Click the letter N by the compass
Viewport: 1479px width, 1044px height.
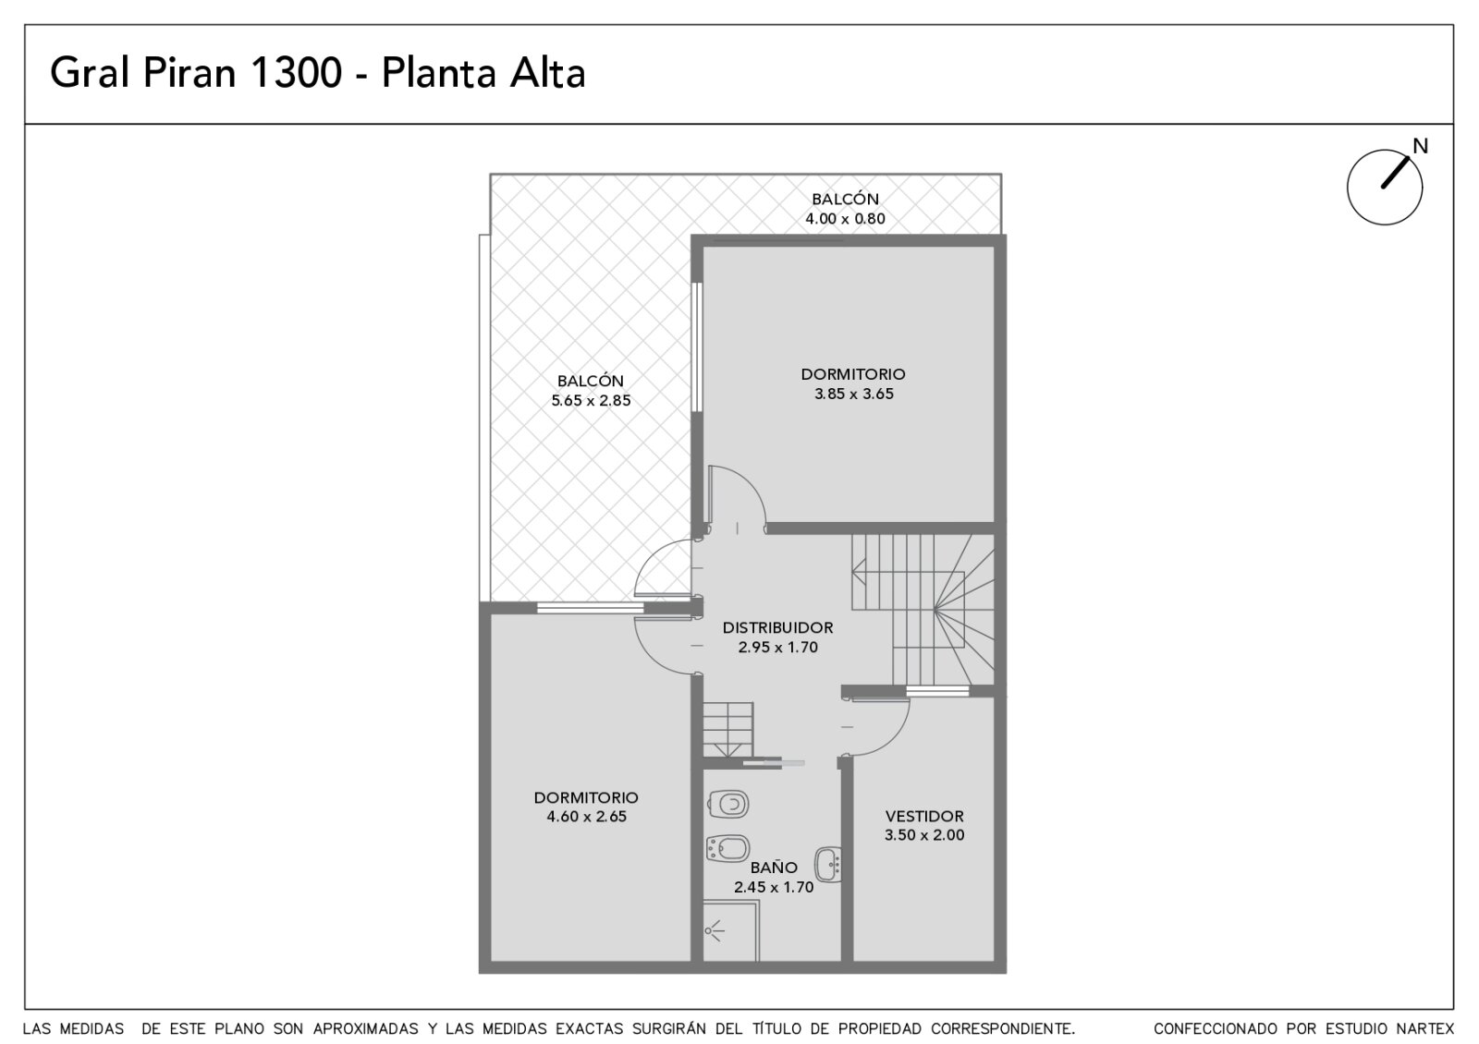click(1420, 147)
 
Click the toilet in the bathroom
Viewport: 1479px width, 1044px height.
click(727, 805)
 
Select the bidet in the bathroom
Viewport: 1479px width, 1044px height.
click(727, 848)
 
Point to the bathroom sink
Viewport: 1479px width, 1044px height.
click(828, 865)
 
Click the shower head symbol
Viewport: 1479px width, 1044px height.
click(714, 931)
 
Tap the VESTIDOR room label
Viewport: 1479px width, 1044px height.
click(924, 817)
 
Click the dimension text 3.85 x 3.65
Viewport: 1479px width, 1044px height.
click(854, 394)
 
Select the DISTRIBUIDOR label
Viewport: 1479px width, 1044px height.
click(777, 627)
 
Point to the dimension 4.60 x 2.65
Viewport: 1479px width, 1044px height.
click(586, 817)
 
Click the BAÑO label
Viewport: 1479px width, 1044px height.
click(774, 868)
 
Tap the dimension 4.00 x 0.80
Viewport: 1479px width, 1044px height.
click(845, 218)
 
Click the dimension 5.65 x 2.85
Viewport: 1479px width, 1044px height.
click(591, 401)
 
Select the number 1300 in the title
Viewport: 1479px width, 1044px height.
click(297, 73)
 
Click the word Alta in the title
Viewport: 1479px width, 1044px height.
click(547, 73)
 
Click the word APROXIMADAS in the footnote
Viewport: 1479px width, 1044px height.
click(365, 1029)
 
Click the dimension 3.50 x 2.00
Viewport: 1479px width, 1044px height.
click(924, 835)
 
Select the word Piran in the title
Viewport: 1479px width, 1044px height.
click(189, 73)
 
